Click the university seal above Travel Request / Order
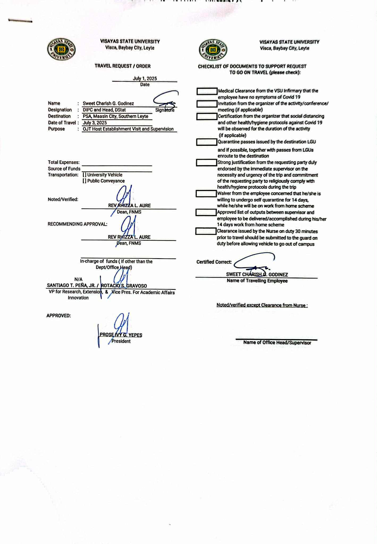point(61,49)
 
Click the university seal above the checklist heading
point(213,50)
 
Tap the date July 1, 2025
point(145,79)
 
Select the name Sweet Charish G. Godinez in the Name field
point(108,104)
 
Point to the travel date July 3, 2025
point(95,123)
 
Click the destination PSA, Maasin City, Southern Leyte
point(116,116)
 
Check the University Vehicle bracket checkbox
point(84,175)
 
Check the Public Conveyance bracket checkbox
point(84,181)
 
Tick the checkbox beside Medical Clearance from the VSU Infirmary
point(207,91)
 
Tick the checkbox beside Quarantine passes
point(207,142)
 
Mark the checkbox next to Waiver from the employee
point(206,194)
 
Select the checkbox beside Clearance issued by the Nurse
point(206,232)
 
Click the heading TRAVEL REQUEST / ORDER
point(123,66)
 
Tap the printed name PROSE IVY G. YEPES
point(121,335)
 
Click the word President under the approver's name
point(121,341)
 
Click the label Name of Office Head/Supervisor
point(277,343)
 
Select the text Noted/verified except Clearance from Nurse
point(262,305)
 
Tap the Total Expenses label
point(64,162)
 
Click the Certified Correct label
point(214,262)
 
